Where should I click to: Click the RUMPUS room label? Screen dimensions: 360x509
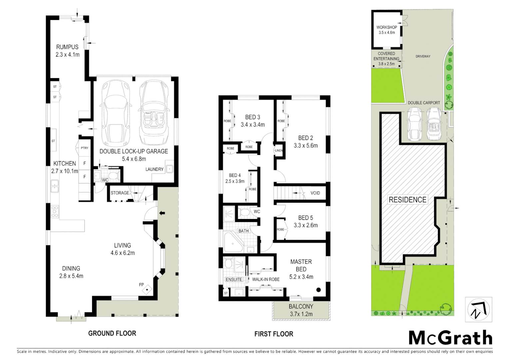67,47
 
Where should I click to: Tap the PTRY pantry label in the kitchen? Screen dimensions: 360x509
85,148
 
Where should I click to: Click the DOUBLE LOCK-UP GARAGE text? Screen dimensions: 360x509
134,151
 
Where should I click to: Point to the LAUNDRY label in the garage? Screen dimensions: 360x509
154,169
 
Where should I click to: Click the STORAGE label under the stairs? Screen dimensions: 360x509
120,193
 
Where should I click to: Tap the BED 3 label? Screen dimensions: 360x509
253,117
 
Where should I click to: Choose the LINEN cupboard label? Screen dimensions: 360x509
279,151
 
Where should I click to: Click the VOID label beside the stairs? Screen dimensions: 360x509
315,193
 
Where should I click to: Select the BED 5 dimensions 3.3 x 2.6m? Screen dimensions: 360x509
305,225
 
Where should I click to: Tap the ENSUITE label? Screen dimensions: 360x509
234,279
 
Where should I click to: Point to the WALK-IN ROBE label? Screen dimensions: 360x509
265,279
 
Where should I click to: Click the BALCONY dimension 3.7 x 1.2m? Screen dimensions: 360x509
301,314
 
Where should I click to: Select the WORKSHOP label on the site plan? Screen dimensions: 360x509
386,27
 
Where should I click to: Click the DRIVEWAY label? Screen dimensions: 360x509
423,56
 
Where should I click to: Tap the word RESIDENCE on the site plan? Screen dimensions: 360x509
407,200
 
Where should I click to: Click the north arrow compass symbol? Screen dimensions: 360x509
478,309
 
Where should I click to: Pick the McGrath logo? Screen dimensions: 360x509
450,338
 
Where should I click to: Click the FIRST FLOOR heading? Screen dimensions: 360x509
273,334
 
